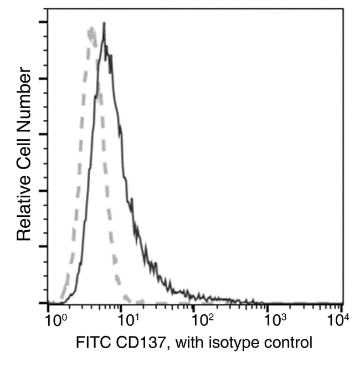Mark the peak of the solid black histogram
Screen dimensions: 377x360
104,24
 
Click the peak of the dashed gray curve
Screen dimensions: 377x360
91,28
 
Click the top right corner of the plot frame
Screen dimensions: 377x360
342,8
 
